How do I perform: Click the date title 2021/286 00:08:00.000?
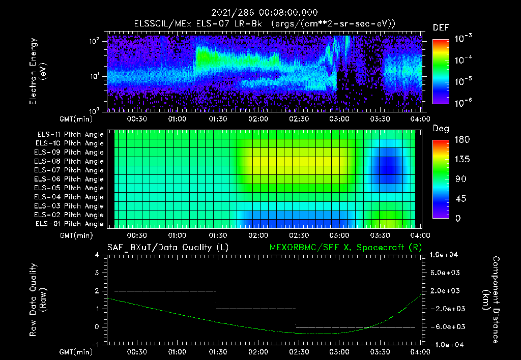[x=259, y=13]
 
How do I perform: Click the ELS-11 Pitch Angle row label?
[x=70, y=135]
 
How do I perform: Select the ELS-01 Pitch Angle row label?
[x=70, y=224]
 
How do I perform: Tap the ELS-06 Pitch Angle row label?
[x=70, y=179]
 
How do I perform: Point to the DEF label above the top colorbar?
[x=441, y=27]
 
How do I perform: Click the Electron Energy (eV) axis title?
[x=38, y=72]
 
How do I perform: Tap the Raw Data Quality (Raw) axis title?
[x=38, y=300]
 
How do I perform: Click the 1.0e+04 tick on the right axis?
[x=445, y=255]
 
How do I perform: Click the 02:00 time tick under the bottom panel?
[x=258, y=352]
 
